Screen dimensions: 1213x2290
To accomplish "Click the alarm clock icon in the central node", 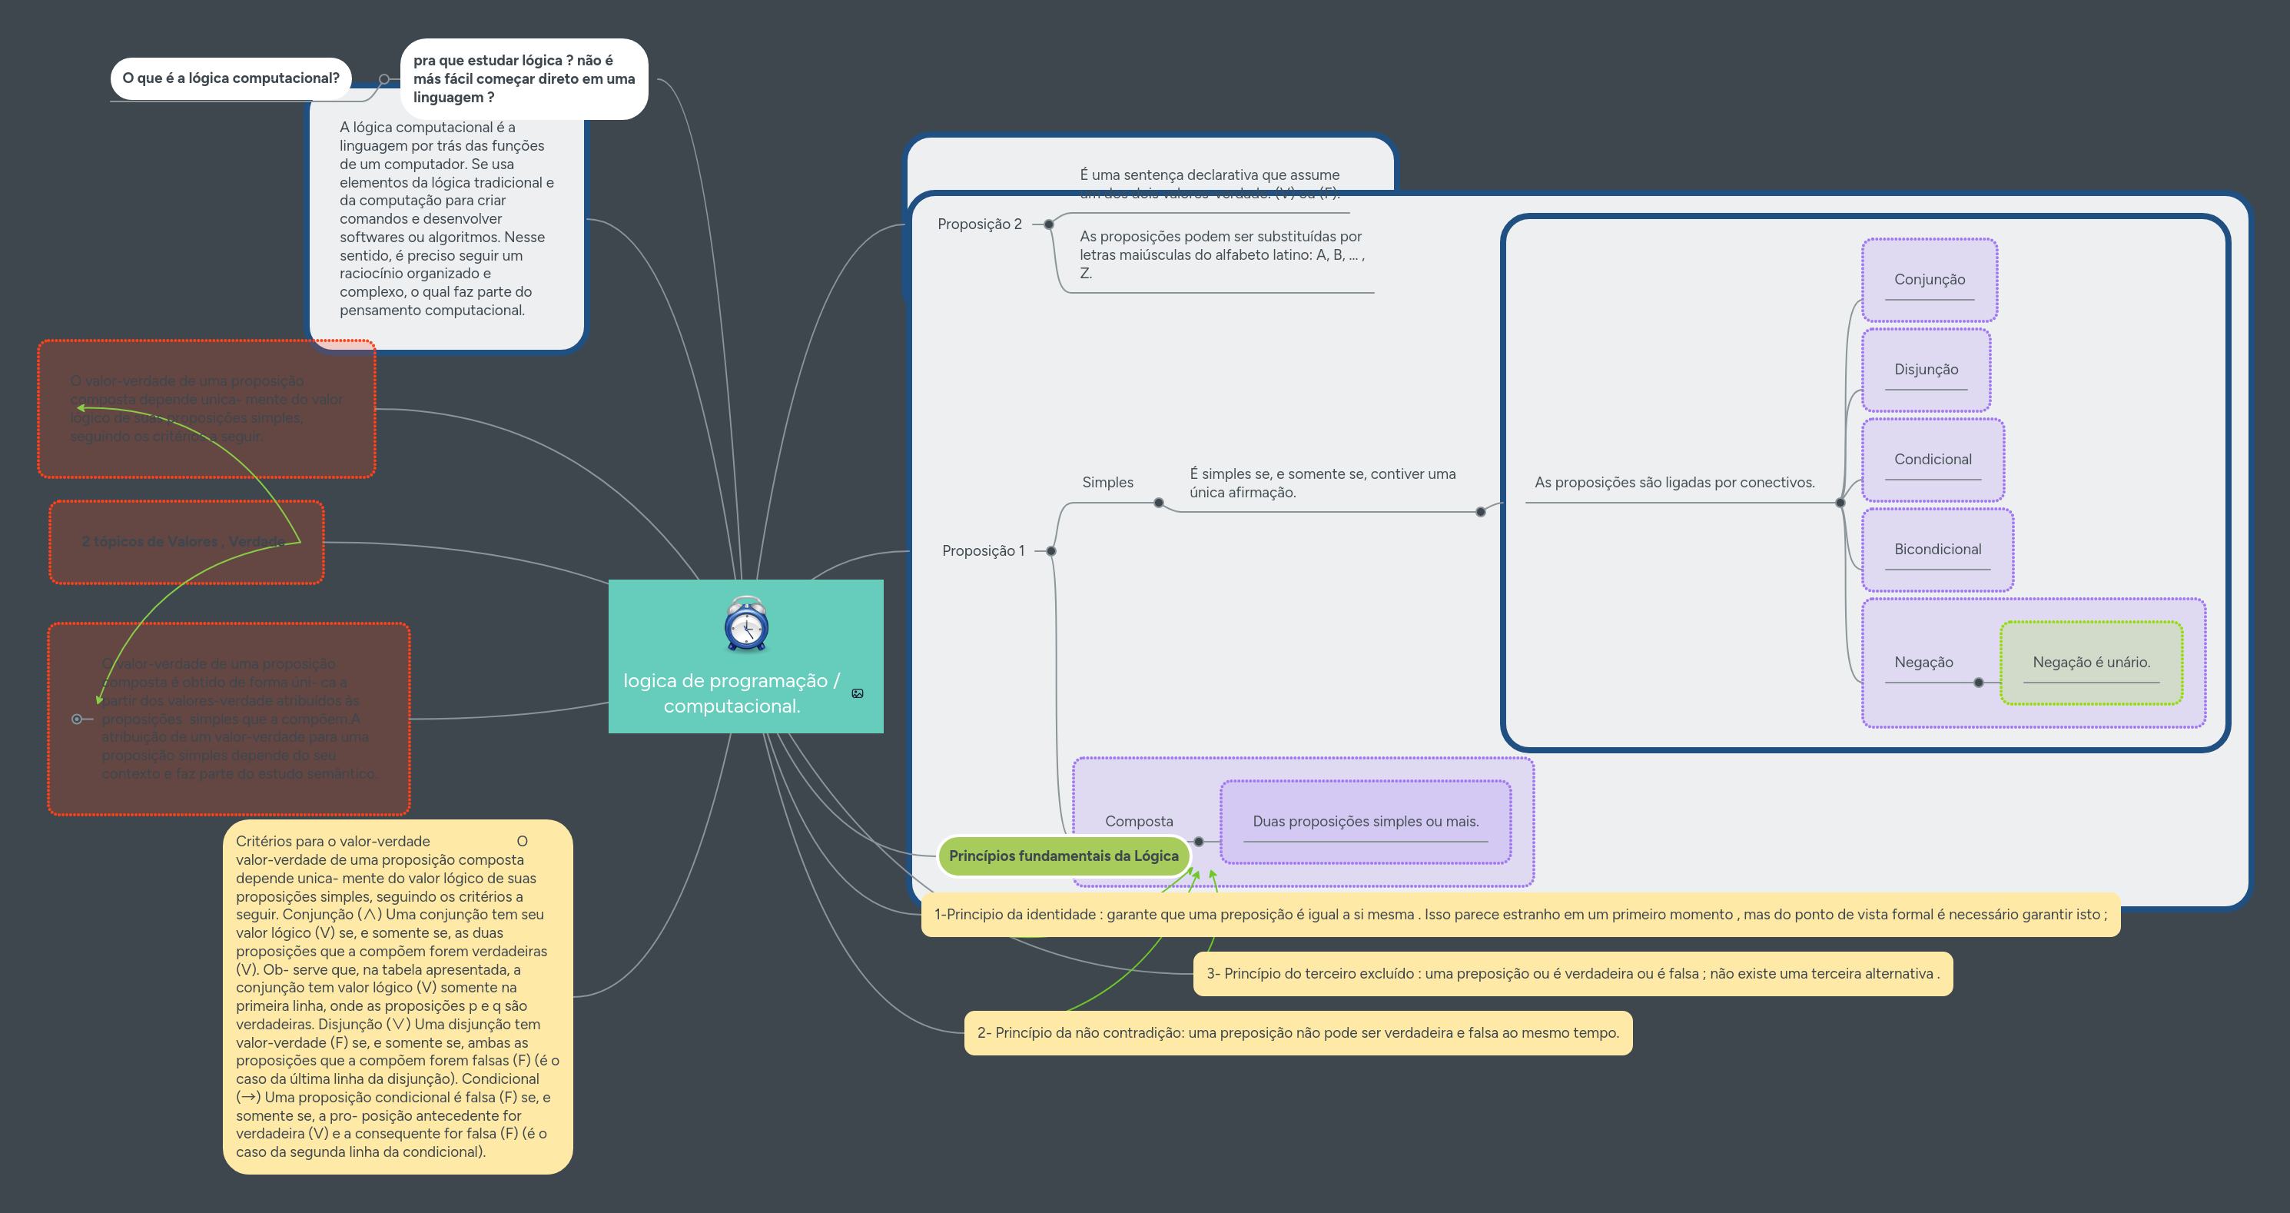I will click(x=746, y=624).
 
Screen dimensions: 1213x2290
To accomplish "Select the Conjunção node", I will click(x=1929, y=279).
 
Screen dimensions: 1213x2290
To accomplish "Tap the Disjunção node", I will click(x=1926, y=369).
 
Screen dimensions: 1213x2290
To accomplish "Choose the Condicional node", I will click(x=1933, y=459).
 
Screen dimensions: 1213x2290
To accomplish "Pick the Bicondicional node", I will click(x=1937, y=549).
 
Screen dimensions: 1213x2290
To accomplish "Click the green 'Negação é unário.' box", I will click(x=2091, y=663).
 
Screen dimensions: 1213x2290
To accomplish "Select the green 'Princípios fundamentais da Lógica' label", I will click(x=1064, y=856).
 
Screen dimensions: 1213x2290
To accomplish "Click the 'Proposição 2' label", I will click(x=980, y=224).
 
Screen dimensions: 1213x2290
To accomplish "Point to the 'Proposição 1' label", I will click(x=983, y=550).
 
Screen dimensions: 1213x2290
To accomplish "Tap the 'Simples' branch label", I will click(x=1107, y=482).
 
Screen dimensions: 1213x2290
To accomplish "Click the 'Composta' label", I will click(x=1139, y=821).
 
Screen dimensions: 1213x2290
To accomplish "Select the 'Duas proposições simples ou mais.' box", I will click(x=1366, y=821).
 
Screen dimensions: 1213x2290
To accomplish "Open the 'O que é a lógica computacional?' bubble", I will click(x=231, y=78).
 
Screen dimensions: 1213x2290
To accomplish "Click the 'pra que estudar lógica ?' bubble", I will click(x=523, y=78).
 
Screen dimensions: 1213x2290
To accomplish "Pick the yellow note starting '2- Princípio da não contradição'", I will click(x=1298, y=1032).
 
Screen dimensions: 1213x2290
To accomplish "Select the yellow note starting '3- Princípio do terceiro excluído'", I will click(x=1572, y=973).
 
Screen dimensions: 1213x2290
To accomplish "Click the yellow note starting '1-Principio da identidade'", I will click(x=1520, y=914).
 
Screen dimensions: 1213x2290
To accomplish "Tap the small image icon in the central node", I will click(x=858, y=693).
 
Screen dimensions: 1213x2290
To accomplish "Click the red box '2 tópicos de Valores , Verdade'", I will click(x=187, y=542).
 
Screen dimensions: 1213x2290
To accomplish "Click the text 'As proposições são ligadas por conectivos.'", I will click(x=1674, y=482).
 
